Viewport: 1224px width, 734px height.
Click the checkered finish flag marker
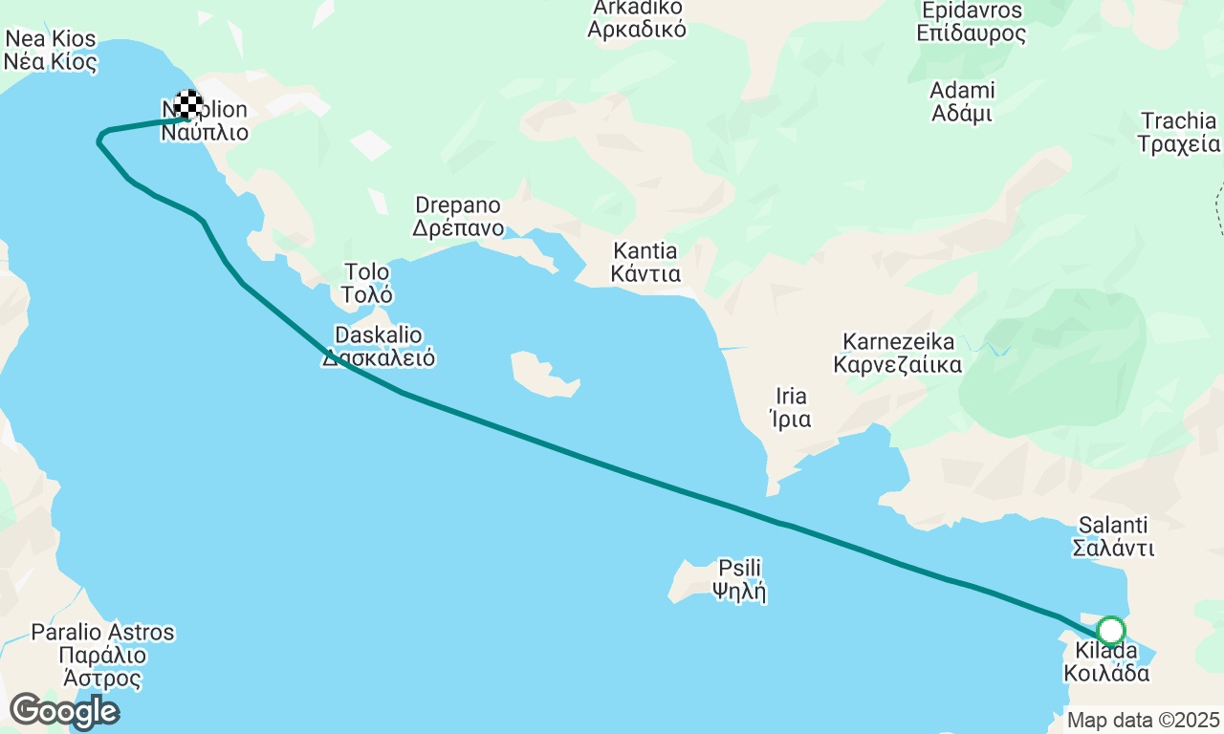pos(189,104)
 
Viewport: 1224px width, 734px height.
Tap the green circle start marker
pos(1110,631)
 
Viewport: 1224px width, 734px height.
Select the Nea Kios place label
pos(51,51)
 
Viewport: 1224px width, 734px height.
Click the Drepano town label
pos(457,217)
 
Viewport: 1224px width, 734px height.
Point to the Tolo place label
pos(367,283)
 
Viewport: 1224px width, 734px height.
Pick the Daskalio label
pos(379,347)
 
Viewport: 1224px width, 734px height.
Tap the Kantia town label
pos(647,263)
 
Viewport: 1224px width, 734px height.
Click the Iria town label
pos(791,407)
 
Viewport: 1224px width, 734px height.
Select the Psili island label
pos(739,579)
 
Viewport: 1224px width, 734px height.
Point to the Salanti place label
pos(1113,537)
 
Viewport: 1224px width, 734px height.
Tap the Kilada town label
pos(1106,662)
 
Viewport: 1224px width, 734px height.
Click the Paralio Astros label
pos(102,656)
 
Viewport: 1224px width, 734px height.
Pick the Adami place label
pos(962,101)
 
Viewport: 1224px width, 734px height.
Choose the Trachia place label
pos(1178,133)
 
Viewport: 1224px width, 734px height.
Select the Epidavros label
pos(971,22)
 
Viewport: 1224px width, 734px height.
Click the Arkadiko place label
pos(637,17)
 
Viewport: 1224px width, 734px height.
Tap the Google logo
pos(64,712)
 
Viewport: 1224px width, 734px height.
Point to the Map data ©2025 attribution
pos(1144,720)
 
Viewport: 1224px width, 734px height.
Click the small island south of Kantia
pos(544,374)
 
